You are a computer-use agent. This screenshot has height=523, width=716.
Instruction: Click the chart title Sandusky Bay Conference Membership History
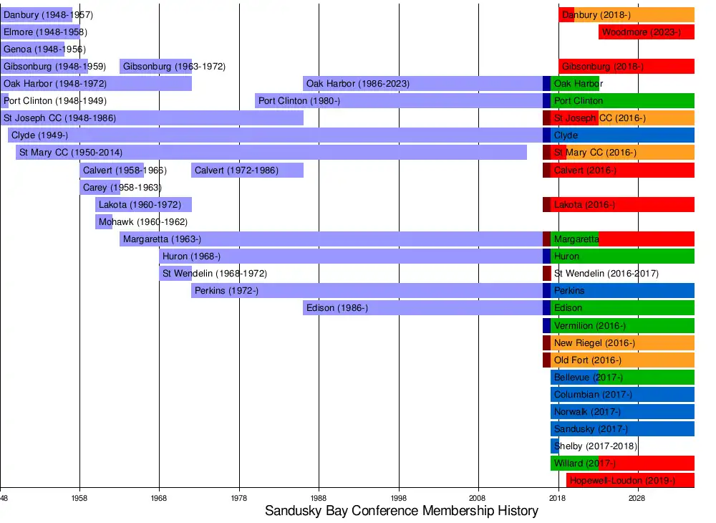[401, 511]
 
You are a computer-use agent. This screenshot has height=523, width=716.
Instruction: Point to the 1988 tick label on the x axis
[319, 498]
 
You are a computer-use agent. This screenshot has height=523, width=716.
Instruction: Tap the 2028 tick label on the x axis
[637, 498]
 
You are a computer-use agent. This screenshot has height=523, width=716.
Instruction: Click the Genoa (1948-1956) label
[44, 49]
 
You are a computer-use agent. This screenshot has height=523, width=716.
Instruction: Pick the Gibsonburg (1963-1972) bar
[155, 67]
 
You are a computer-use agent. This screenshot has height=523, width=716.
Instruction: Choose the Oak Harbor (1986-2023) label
[358, 84]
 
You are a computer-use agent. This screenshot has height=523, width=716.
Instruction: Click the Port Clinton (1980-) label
[299, 101]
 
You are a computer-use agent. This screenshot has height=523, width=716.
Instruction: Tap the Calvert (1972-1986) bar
[247, 171]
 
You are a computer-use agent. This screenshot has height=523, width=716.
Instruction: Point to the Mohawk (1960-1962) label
[143, 222]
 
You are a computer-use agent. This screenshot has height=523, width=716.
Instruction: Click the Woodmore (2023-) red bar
[647, 32]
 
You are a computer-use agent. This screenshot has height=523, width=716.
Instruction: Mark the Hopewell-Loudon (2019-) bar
[630, 481]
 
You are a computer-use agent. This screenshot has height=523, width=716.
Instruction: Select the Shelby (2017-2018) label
[595, 446]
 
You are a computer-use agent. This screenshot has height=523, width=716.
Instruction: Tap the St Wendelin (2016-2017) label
[606, 274]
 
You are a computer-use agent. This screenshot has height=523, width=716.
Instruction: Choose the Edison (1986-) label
[337, 308]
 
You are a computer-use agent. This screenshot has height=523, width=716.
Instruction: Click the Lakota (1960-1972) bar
[143, 205]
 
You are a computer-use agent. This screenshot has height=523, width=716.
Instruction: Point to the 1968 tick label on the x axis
[159, 498]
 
